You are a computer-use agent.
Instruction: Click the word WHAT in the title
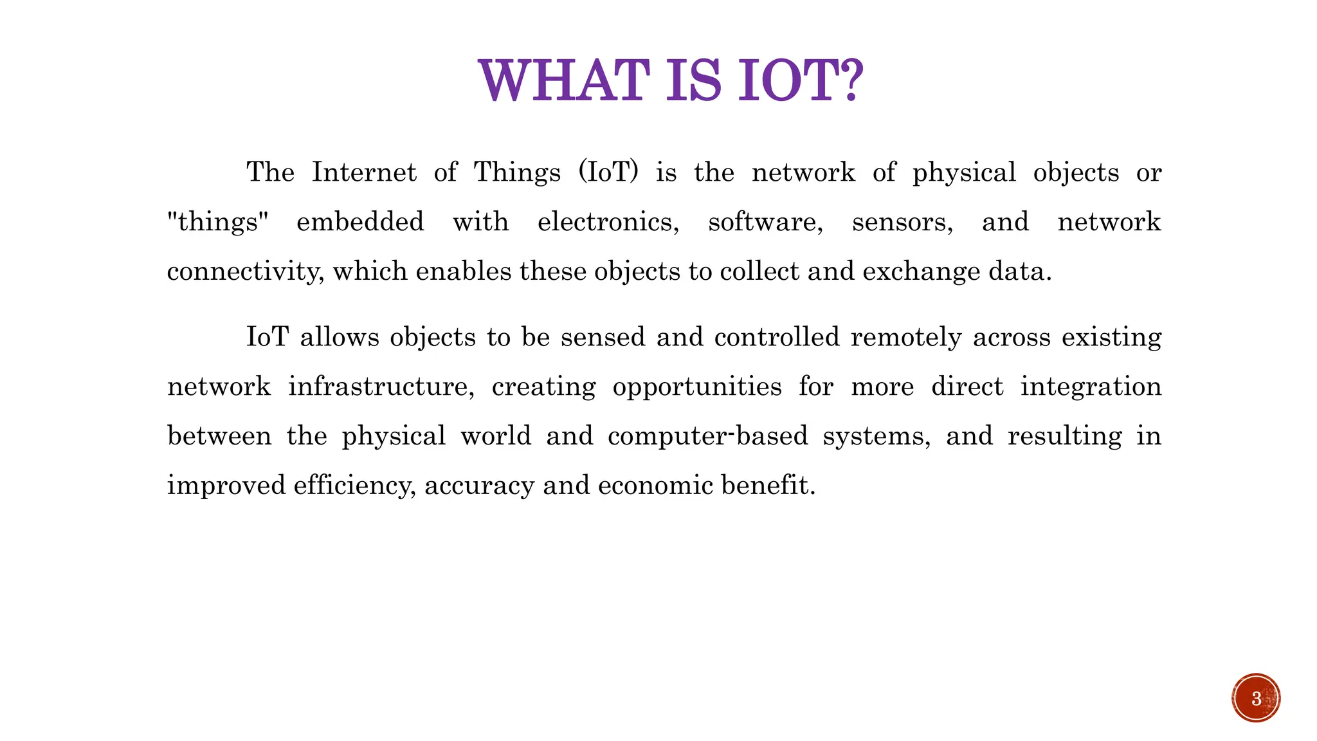(561, 81)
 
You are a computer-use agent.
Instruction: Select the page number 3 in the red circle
(1256, 699)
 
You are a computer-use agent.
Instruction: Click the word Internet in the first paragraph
(364, 172)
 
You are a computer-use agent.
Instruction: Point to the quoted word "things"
(217, 222)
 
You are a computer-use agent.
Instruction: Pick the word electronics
(608, 222)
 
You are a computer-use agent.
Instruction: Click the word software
(765, 222)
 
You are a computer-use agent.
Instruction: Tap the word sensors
(902, 222)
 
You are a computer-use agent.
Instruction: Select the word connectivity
(245, 271)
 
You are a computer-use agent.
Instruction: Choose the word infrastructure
(381, 387)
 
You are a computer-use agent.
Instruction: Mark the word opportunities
(697, 387)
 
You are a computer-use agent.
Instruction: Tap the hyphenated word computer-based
(707, 436)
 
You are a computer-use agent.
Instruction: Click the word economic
(655, 485)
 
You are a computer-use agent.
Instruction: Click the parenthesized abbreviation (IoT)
(608, 172)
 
